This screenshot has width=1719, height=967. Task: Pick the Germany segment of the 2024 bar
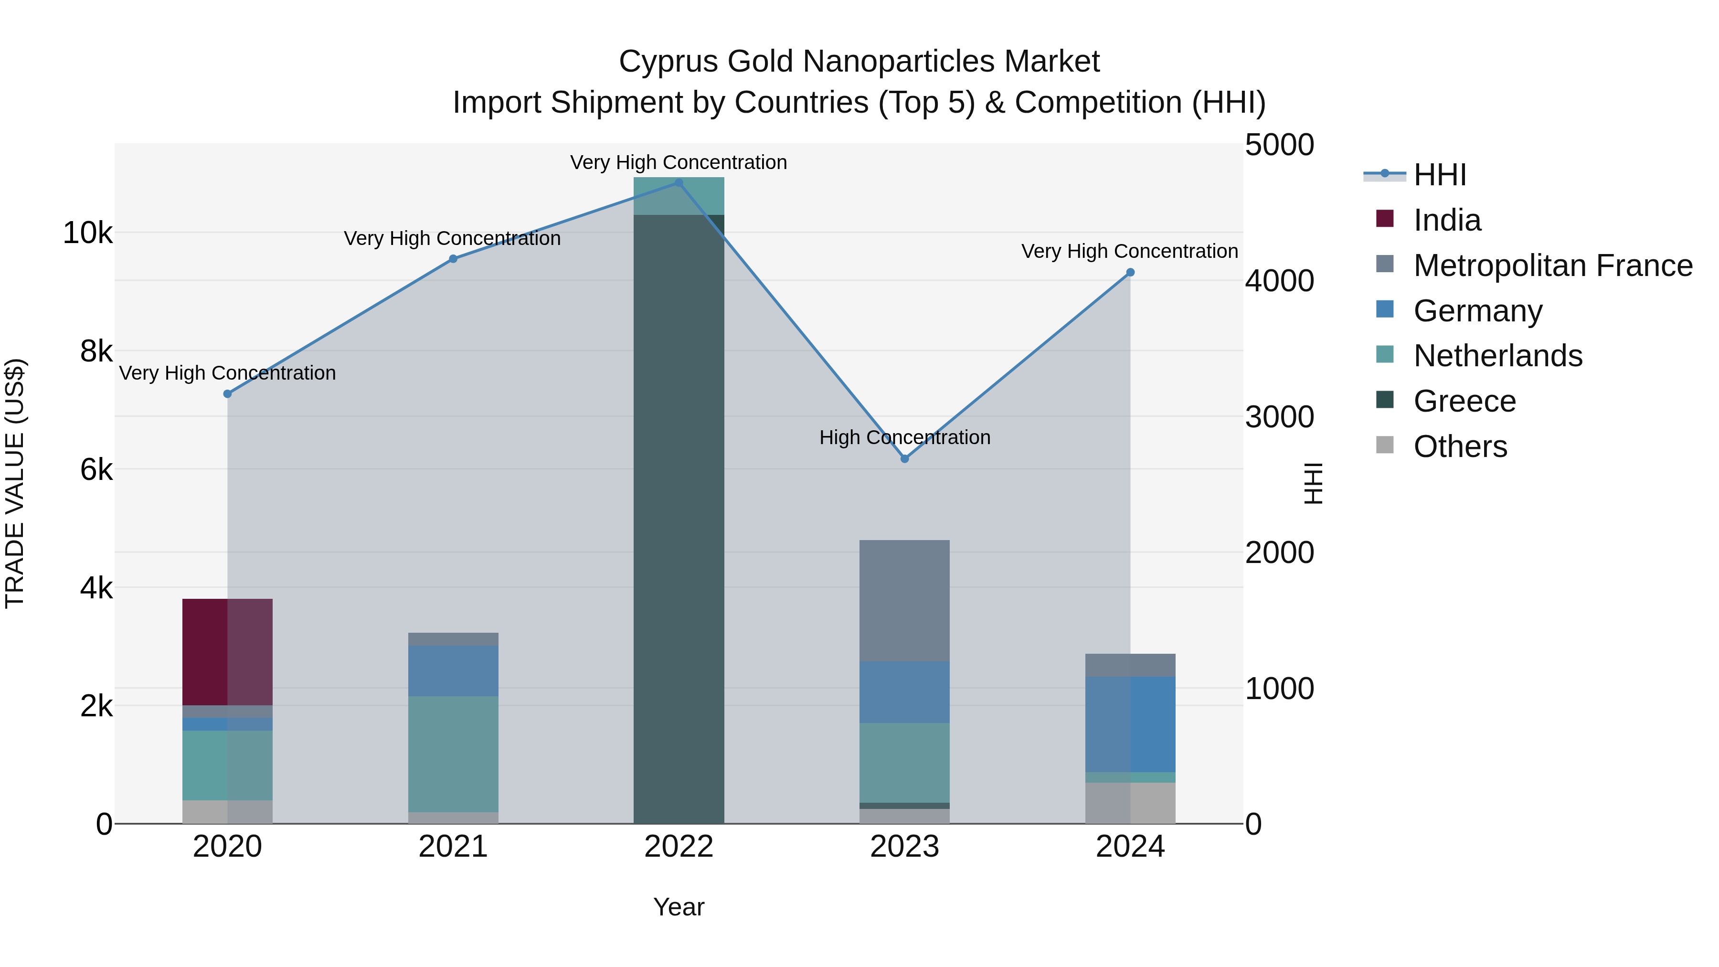(1130, 723)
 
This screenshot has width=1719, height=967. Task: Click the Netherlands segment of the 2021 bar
(453, 754)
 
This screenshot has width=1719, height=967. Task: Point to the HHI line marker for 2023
(904, 458)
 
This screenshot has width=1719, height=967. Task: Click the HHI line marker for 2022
(679, 183)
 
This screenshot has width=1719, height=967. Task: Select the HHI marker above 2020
(228, 394)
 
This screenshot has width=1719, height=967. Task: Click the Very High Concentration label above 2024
(1129, 252)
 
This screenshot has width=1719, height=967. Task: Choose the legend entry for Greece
(1464, 401)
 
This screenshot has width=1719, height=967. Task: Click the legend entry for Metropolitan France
(1552, 266)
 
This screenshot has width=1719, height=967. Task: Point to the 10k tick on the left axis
(87, 234)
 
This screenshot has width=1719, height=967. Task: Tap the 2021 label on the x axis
(453, 847)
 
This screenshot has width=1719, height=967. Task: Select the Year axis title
(678, 907)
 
